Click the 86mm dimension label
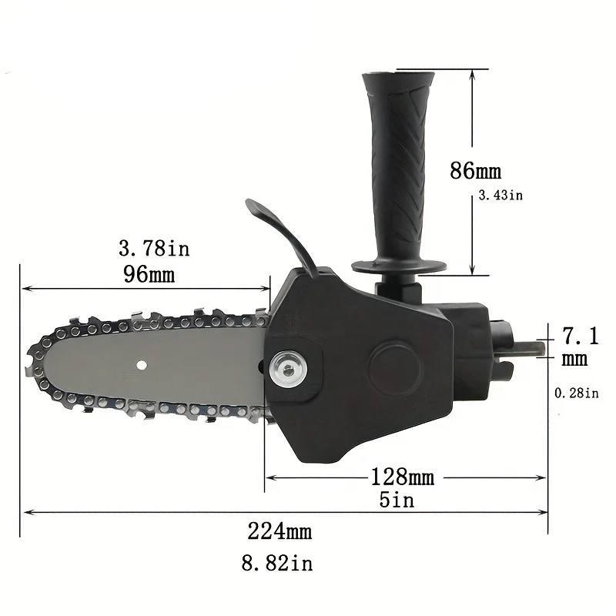[475, 170]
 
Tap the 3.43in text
[500, 196]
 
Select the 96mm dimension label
[149, 274]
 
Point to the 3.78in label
[154, 248]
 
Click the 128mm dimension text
[402, 477]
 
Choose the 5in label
[397, 500]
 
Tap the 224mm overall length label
[280, 531]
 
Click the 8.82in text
[277, 563]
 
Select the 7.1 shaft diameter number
[581, 336]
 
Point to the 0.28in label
[576, 393]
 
